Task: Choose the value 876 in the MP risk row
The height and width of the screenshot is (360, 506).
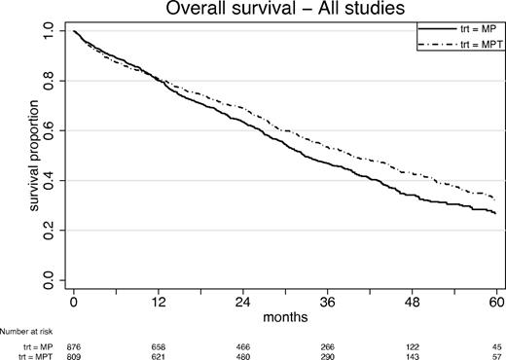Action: (74, 345)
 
